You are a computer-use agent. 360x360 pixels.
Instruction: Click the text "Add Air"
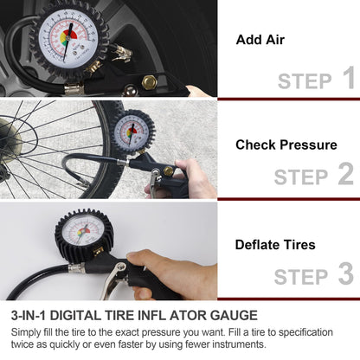tap(259, 40)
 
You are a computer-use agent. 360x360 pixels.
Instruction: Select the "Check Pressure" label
tap(286, 145)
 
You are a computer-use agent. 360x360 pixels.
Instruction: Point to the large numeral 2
tap(345, 175)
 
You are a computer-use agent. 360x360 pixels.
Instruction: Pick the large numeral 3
tap(345, 275)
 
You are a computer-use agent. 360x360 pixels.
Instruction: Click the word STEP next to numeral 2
tap(300, 177)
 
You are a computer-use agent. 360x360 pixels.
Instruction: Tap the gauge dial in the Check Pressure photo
tap(133, 132)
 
